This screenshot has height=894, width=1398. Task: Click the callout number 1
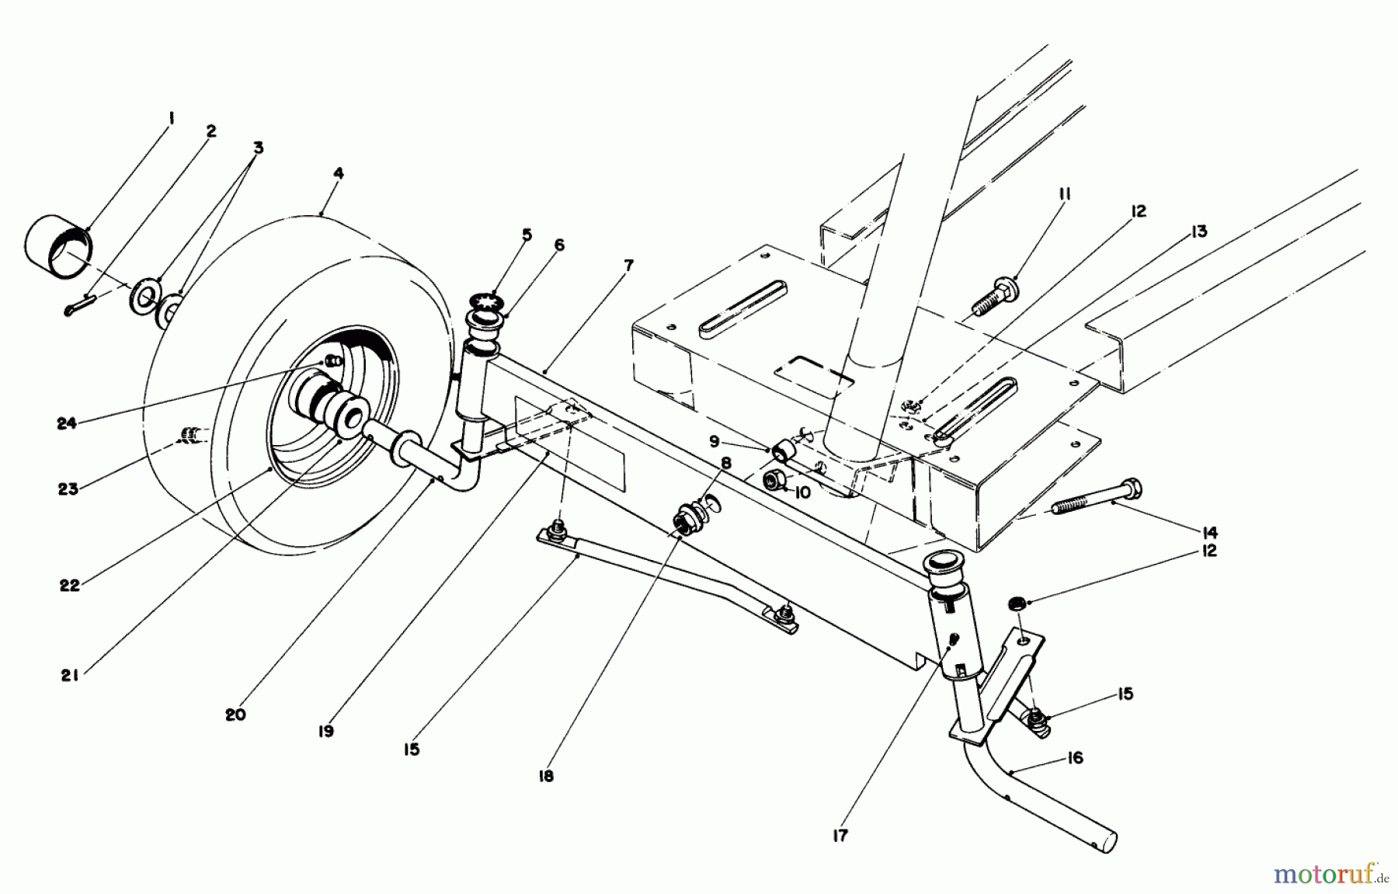pyautogui.click(x=172, y=120)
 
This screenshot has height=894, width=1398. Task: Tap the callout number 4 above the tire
pyautogui.click(x=337, y=173)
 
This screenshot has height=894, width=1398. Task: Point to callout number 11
pyautogui.click(x=1063, y=194)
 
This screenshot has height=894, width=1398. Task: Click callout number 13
pyautogui.click(x=1199, y=231)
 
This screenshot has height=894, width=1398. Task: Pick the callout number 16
pyautogui.click(x=1074, y=757)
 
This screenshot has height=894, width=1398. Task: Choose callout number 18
pyautogui.click(x=546, y=775)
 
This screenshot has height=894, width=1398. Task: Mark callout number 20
pyautogui.click(x=235, y=715)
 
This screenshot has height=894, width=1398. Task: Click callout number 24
pyautogui.click(x=67, y=424)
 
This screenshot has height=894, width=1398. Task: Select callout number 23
pyautogui.click(x=68, y=489)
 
